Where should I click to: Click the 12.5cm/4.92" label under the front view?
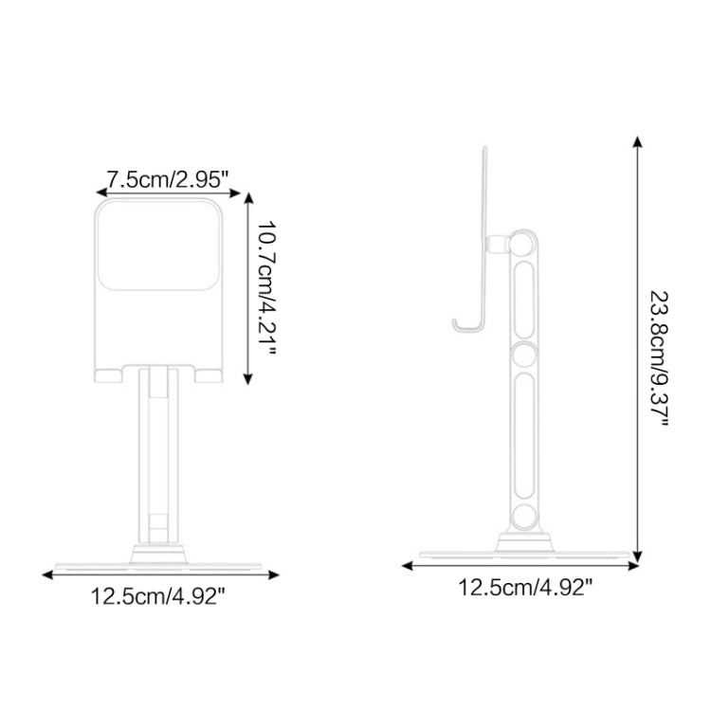click(x=157, y=596)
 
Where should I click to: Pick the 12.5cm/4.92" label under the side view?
click(x=525, y=588)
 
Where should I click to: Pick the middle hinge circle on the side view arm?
click(x=523, y=356)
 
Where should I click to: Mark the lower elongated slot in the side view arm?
click(x=523, y=434)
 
